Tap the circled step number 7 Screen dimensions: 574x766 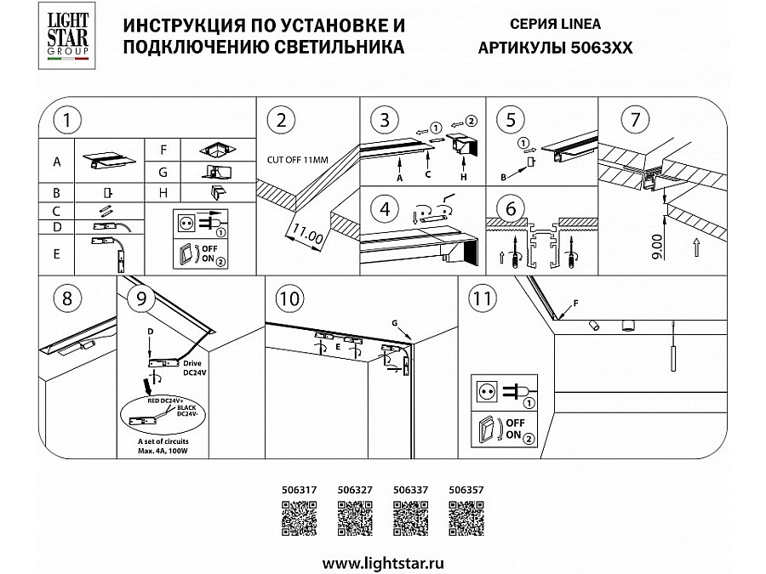(631, 120)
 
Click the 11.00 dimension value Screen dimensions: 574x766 (307, 233)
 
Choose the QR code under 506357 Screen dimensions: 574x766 (466, 517)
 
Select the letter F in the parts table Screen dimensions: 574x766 (163, 150)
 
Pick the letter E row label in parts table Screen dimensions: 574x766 (56, 252)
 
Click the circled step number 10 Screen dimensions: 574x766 (289, 298)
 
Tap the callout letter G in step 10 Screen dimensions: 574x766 (397, 322)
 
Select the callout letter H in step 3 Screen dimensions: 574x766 (464, 178)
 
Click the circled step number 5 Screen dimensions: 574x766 (511, 120)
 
